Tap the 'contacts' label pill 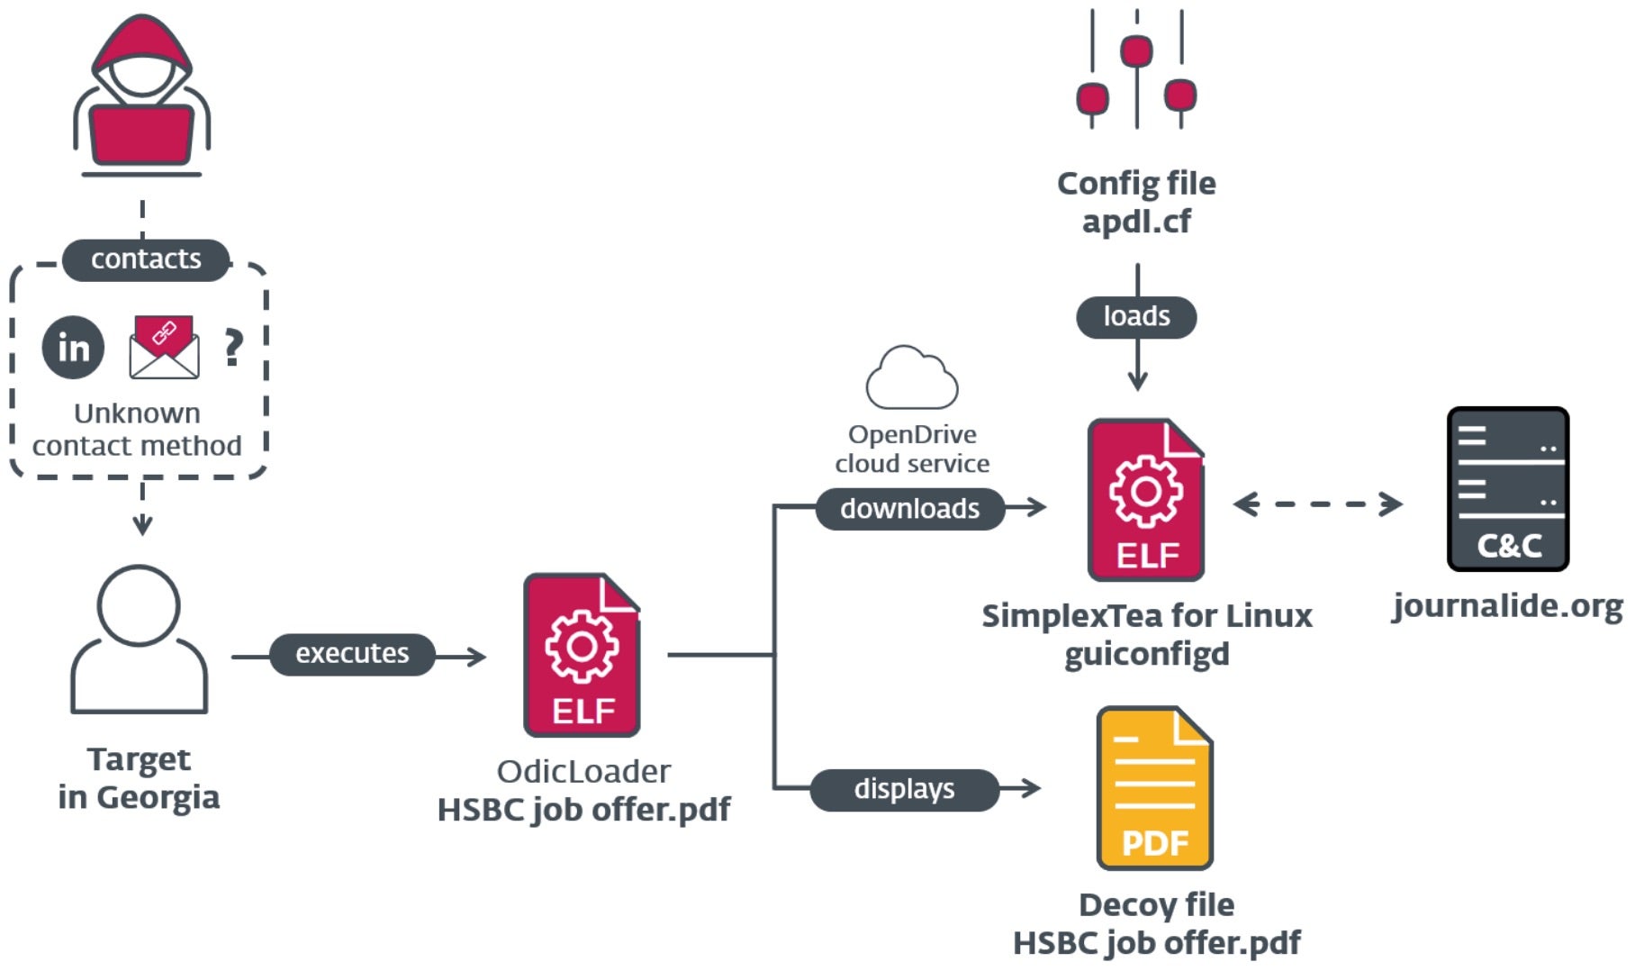tap(146, 259)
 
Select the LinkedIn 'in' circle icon tap(73, 348)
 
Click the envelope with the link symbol tap(164, 347)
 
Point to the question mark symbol tap(233, 347)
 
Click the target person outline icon tap(139, 640)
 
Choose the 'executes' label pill tap(352, 654)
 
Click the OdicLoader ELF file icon tap(582, 655)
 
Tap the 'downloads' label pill tap(909, 509)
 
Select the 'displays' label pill tap(904, 789)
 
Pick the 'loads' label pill tap(1136, 317)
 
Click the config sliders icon tap(1136, 70)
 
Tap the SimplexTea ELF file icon tap(1145, 500)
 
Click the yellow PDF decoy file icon tap(1154, 788)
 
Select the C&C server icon tap(1508, 489)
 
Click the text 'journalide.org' tap(1507, 606)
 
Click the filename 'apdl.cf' tap(1136, 222)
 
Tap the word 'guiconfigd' tap(1146, 654)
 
